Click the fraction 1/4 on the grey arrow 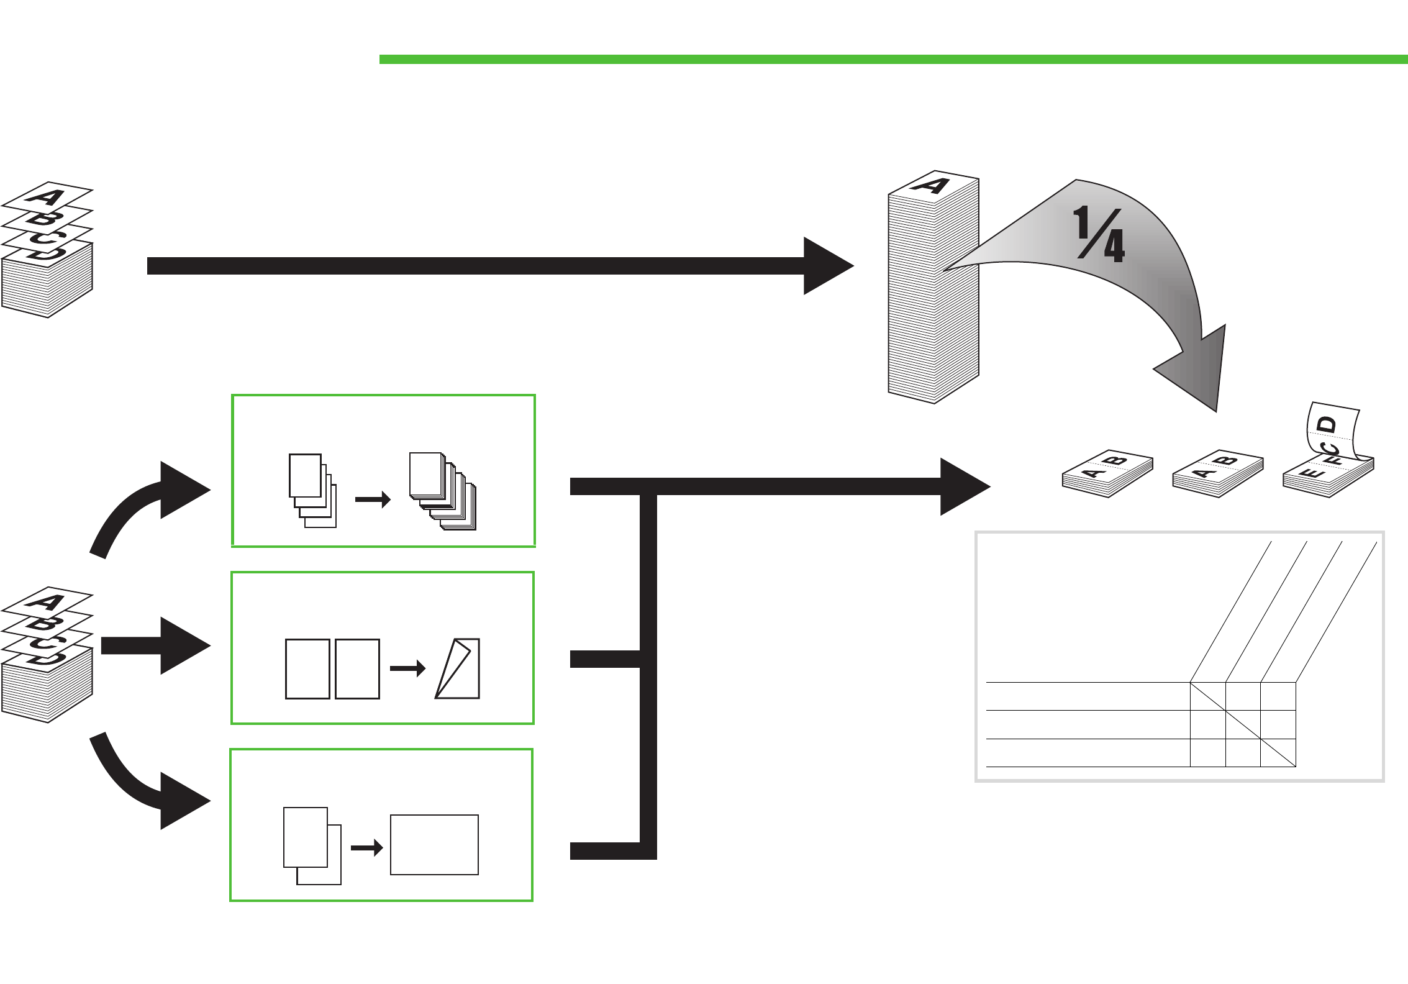[1099, 234]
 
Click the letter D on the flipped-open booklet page [1327, 426]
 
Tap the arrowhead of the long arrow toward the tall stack [826, 266]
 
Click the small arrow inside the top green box [373, 499]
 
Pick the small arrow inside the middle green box [408, 668]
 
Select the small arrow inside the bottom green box [367, 848]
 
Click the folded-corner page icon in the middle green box [458, 668]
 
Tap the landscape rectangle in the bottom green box [434, 845]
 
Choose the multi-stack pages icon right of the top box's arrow [443, 491]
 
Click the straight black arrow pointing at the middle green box [155, 646]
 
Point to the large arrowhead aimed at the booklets [963, 486]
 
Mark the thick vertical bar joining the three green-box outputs [648, 671]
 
